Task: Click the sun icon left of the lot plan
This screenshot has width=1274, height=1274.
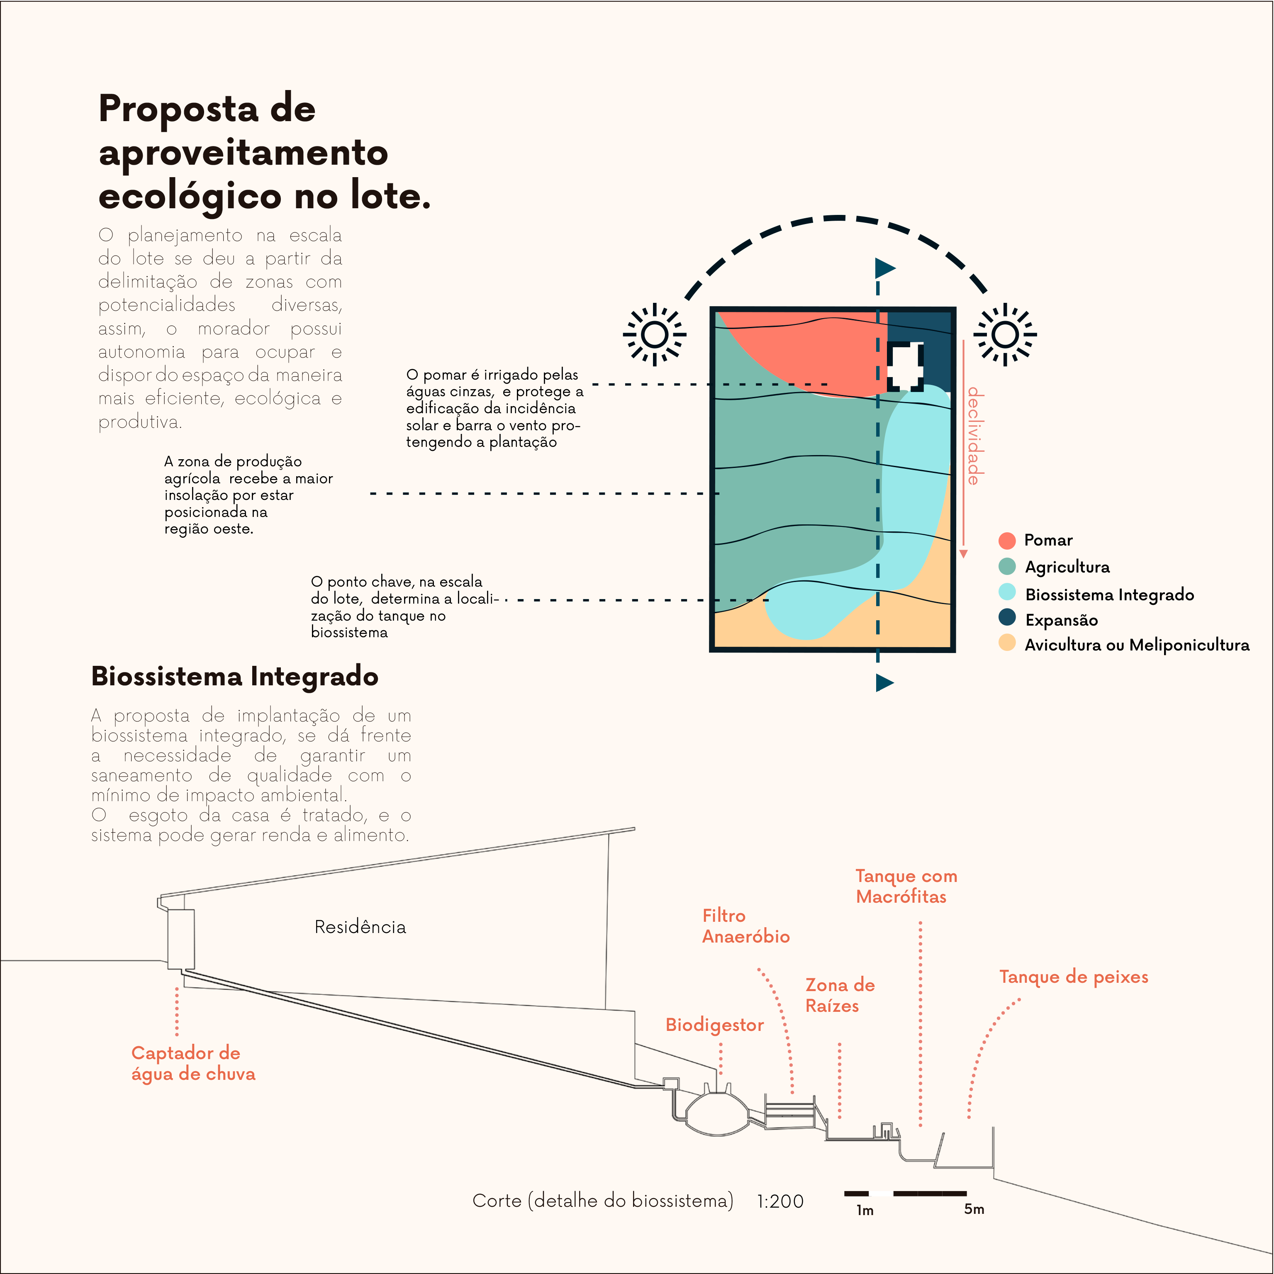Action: point(654,334)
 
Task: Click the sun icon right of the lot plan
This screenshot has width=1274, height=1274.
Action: point(1005,334)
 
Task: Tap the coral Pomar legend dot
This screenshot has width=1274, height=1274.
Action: point(1007,541)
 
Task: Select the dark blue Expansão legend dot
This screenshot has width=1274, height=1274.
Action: point(1007,617)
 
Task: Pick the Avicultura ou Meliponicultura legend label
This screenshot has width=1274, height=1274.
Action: point(1137,645)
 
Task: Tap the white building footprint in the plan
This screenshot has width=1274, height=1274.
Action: point(905,367)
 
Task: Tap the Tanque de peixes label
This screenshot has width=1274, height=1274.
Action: point(1074,977)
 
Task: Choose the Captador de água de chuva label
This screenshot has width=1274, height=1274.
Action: point(192,1063)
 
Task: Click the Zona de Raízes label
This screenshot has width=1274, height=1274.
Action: point(839,995)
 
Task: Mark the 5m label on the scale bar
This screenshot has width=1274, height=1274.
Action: point(974,1209)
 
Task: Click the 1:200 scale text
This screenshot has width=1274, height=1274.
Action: point(780,1201)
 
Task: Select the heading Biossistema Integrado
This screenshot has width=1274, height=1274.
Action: point(235,677)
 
